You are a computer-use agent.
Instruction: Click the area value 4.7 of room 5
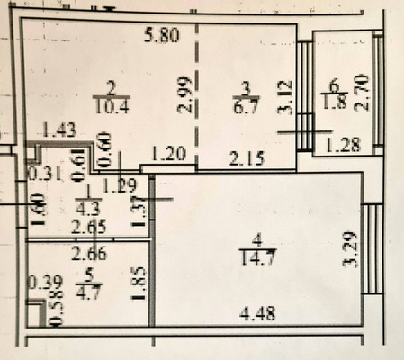point(88,291)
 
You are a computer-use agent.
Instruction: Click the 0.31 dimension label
point(40,174)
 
